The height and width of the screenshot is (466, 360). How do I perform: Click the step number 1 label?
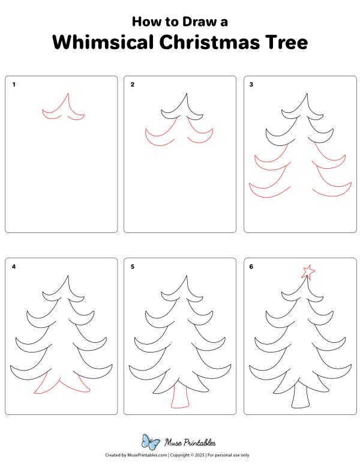point(14,85)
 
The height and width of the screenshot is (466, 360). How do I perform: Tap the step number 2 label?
point(133,85)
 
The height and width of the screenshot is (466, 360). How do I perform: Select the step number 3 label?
point(251,85)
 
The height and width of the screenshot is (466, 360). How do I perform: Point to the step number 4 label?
point(14,267)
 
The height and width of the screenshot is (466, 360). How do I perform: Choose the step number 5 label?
point(133,267)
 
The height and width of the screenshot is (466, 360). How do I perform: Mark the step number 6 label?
point(251,267)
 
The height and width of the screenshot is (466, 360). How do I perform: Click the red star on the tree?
point(308,272)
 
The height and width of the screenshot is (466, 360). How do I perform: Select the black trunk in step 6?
point(299,397)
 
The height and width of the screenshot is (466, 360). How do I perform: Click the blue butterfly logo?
point(150,442)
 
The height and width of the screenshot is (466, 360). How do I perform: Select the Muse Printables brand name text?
point(190,443)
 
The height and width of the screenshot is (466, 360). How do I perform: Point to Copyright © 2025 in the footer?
point(187,456)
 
